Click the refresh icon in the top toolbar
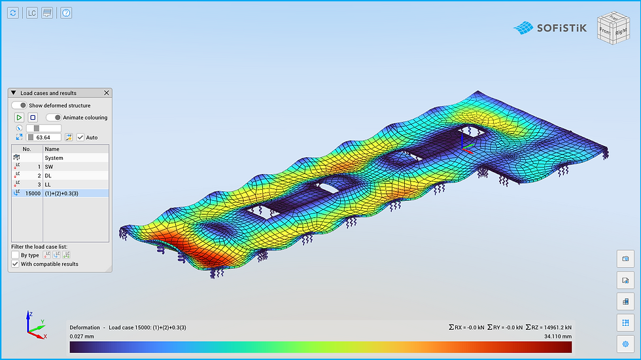click(x=13, y=13)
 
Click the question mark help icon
click(x=66, y=13)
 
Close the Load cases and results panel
click(x=106, y=93)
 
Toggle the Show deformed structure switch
click(x=19, y=105)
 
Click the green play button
click(x=19, y=117)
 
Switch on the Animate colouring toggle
click(x=54, y=117)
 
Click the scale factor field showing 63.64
click(x=44, y=137)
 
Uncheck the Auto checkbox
click(x=80, y=137)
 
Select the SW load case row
click(x=60, y=166)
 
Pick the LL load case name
click(x=48, y=185)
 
